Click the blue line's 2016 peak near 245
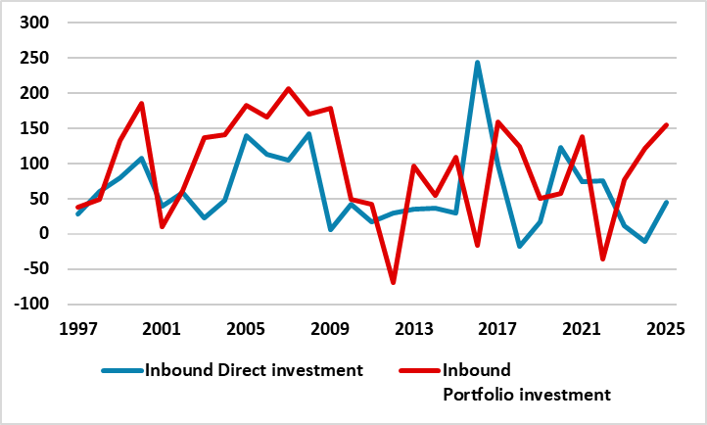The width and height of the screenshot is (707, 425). [x=477, y=63]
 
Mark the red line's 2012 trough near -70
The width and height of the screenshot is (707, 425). [x=394, y=282]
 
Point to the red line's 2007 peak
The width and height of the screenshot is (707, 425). [x=289, y=89]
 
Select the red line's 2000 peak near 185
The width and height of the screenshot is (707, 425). [x=142, y=103]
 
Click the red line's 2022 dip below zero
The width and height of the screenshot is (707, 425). [x=604, y=259]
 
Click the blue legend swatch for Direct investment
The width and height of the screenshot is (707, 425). [x=121, y=371]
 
